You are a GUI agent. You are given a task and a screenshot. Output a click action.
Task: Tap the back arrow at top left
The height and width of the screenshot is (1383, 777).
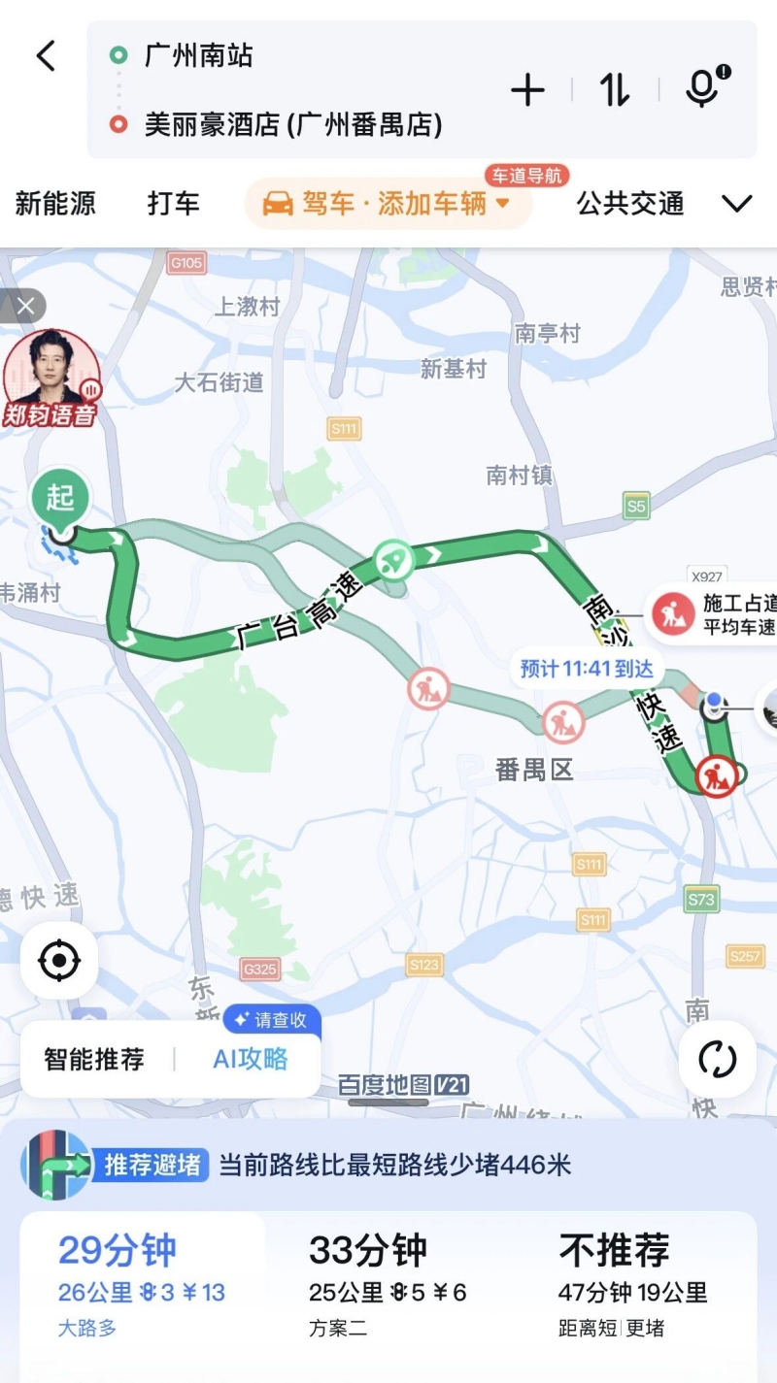[x=47, y=55]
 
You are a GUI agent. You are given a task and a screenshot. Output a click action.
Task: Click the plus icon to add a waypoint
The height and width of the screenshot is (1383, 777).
[x=527, y=90]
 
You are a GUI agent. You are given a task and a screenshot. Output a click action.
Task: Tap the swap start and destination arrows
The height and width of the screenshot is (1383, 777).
[x=614, y=90]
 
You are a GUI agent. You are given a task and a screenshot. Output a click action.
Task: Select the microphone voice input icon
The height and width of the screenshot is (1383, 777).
[x=701, y=88]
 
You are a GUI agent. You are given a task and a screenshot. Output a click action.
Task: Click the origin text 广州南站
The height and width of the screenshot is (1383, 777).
[x=199, y=55]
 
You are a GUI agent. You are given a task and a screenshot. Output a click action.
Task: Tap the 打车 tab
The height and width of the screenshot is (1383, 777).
[x=174, y=204]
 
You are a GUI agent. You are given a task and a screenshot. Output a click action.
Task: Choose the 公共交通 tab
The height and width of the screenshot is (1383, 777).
[x=630, y=204]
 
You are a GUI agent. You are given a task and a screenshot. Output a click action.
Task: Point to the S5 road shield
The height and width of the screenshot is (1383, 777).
[x=636, y=506]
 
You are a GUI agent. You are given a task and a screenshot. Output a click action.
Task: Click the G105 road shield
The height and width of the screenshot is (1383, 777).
[x=186, y=263]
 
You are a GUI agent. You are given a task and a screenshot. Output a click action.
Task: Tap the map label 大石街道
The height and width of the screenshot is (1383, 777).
[x=219, y=382]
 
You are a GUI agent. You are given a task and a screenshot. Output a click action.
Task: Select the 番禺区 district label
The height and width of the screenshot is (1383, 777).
[x=534, y=771]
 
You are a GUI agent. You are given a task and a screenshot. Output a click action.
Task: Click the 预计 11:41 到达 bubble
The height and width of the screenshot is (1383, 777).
[x=587, y=669]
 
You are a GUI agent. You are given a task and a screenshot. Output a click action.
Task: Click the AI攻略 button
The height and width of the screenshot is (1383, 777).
[x=251, y=1059]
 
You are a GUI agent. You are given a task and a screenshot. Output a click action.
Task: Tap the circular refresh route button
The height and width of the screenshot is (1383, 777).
[x=718, y=1059]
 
